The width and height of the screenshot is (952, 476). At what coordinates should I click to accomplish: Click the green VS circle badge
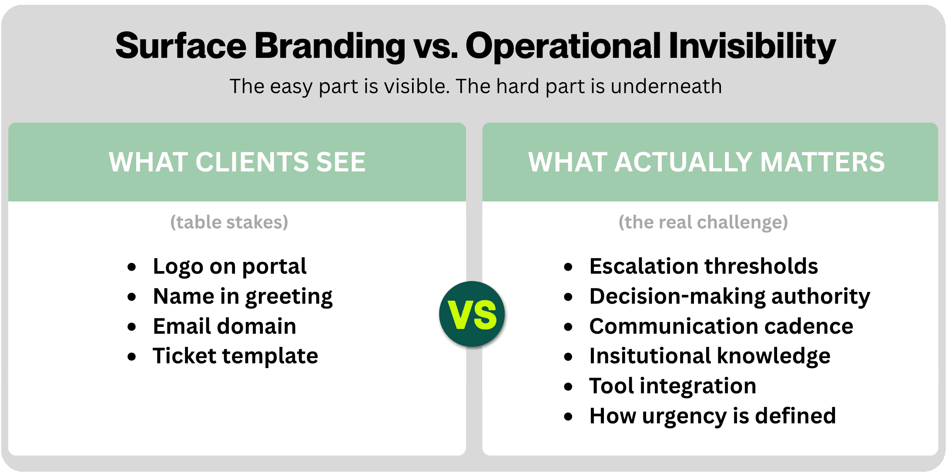click(x=472, y=314)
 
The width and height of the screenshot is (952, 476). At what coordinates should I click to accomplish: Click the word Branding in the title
click(x=330, y=46)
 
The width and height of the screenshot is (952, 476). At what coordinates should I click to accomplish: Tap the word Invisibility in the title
click(x=752, y=46)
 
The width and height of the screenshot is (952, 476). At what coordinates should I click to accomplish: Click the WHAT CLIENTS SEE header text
click(x=237, y=162)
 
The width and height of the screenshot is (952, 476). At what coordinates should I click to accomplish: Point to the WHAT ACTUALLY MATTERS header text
click(x=706, y=162)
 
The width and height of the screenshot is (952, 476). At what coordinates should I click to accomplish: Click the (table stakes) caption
click(x=229, y=222)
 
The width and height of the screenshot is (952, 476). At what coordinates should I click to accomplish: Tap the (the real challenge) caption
click(x=703, y=222)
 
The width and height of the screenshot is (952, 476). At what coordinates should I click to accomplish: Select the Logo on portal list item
click(x=230, y=266)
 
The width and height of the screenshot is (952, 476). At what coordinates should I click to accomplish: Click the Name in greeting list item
click(x=243, y=297)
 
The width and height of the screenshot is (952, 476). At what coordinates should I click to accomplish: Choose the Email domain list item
click(x=225, y=326)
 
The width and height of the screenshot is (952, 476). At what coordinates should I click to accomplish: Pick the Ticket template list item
click(x=235, y=356)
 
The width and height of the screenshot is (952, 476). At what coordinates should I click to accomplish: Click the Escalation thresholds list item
click(x=704, y=266)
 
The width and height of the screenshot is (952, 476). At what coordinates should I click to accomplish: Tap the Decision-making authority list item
click(x=730, y=297)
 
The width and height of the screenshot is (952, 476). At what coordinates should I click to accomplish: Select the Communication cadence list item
click(x=721, y=326)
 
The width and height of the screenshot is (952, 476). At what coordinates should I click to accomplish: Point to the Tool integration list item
click(x=673, y=386)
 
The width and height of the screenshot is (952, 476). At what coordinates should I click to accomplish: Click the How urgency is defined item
click(x=712, y=416)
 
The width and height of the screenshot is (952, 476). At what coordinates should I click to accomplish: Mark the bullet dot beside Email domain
click(x=132, y=327)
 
